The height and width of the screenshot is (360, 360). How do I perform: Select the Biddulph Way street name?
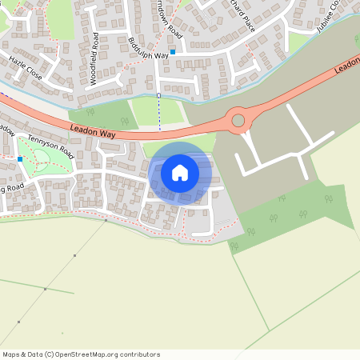click(149, 49)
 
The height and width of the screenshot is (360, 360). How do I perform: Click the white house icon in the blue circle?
click(180, 172)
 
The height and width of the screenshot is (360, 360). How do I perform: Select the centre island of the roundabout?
click(238, 121)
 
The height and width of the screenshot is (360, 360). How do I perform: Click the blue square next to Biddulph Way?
click(172, 51)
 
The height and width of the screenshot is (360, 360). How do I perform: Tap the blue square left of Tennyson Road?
click(19, 159)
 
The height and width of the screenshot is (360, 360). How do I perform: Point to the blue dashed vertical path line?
click(158, 112)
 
